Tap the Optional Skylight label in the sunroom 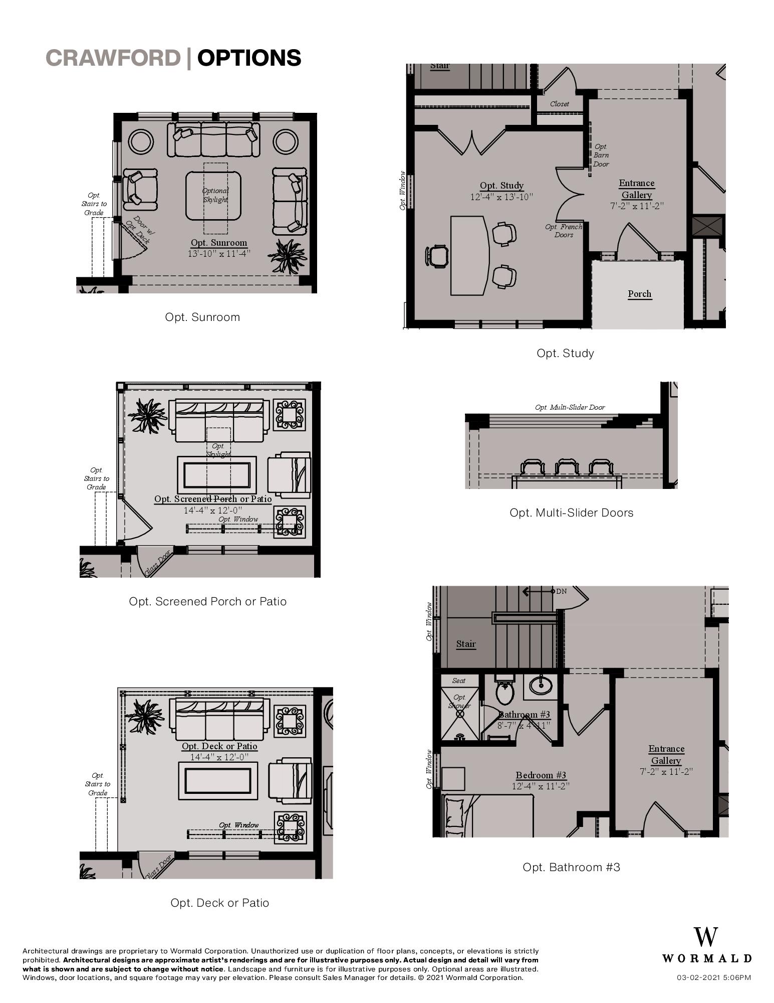tap(215, 195)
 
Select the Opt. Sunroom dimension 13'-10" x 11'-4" tap(219, 254)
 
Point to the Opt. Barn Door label tap(601, 155)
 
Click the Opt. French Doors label tap(564, 231)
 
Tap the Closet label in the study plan tap(559, 104)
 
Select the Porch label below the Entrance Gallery tap(640, 294)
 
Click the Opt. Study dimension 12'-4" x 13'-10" tap(501, 197)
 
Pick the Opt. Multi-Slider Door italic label tap(570, 407)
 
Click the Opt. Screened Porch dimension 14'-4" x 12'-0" tap(213, 510)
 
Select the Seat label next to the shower tap(458, 681)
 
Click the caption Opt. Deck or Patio tap(219, 903)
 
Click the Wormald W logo tap(706, 937)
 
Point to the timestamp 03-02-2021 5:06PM tap(714, 977)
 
